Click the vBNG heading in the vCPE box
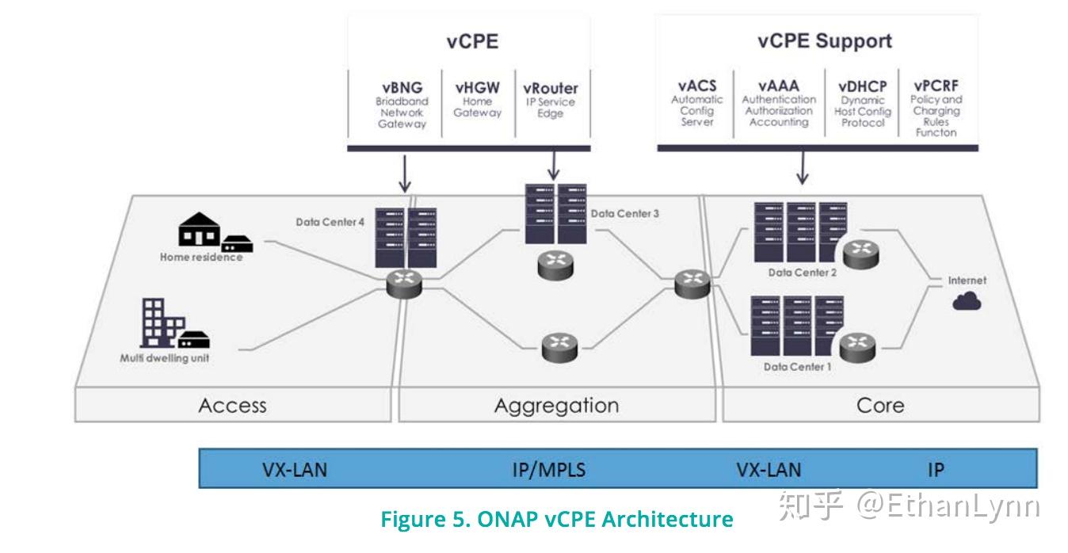click(x=402, y=88)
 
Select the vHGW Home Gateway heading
click(x=477, y=88)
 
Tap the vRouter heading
click(x=550, y=88)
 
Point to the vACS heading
click(x=697, y=86)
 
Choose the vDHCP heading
click(x=863, y=86)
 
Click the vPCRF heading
click(x=936, y=86)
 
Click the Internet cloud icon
click(x=967, y=301)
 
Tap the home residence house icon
click(x=200, y=229)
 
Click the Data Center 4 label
click(x=330, y=222)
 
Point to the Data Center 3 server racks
click(x=556, y=214)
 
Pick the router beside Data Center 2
click(x=860, y=254)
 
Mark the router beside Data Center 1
click(x=857, y=348)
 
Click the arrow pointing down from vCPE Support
click(x=803, y=168)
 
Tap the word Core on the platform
click(x=880, y=406)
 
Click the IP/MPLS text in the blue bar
click(x=549, y=470)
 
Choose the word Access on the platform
click(x=233, y=406)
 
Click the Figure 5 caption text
click(x=557, y=519)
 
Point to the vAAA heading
click(x=779, y=86)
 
